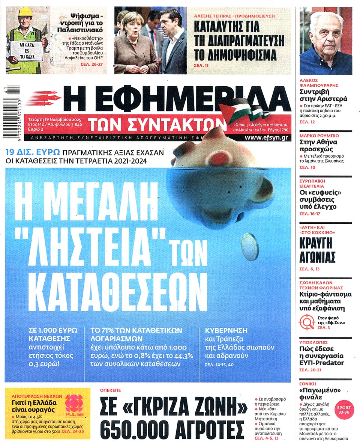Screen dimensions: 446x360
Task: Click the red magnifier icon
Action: point(306,322)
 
